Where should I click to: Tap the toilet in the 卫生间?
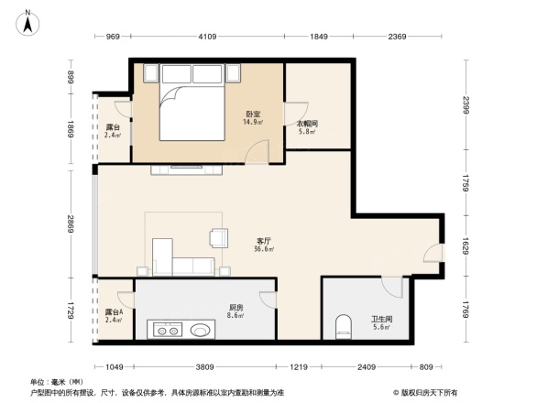(x=345, y=324)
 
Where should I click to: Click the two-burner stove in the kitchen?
(x=168, y=329)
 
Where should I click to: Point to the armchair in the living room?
(x=219, y=237)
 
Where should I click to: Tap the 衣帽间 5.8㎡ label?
(x=306, y=127)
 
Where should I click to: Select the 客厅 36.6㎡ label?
(x=264, y=245)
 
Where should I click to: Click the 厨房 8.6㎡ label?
(x=236, y=311)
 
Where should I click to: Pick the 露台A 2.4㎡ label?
(x=115, y=316)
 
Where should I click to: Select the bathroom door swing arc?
(x=392, y=286)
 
